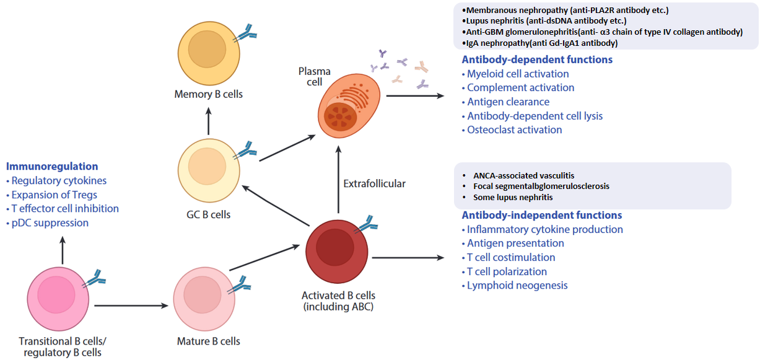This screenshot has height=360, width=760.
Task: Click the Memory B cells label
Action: (208, 94)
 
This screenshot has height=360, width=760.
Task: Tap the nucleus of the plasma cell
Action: (340, 116)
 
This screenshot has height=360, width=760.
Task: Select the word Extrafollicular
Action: (374, 183)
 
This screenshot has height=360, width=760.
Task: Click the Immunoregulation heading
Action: (52, 166)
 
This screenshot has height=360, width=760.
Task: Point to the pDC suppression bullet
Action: (48, 223)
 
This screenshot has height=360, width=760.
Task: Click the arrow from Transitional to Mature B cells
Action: (131, 305)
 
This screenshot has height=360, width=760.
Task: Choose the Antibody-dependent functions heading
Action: (537, 59)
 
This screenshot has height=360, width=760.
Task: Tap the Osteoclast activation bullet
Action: (512, 130)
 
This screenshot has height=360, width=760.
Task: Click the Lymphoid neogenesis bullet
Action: (515, 286)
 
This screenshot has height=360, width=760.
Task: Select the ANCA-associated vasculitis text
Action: (523, 175)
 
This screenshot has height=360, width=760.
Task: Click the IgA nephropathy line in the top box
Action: (539, 43)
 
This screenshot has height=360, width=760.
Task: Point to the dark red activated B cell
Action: (336, 252)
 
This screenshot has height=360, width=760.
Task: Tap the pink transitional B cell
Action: (58, 299)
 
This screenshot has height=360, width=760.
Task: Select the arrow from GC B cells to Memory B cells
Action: (209, 121)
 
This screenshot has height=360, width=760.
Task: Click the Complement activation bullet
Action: (518, 87)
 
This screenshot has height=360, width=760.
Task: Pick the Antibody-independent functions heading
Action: (542, 215)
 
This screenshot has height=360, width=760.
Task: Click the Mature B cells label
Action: (208, 341)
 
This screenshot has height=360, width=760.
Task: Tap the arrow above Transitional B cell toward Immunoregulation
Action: (63, 250)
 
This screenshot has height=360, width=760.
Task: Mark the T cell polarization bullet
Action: (505, 271)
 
